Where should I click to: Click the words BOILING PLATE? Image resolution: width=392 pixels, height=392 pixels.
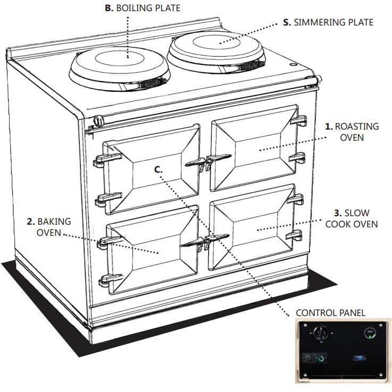pyautogui.click(x=148, y=8)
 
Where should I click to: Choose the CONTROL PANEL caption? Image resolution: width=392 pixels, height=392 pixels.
pyautogui.click(x=330, y=313)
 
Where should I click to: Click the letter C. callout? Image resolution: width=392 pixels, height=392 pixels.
pyautogui.click(x=158, y=169)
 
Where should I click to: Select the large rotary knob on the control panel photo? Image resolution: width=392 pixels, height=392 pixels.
pyautogui.click(x=320, y=334)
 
